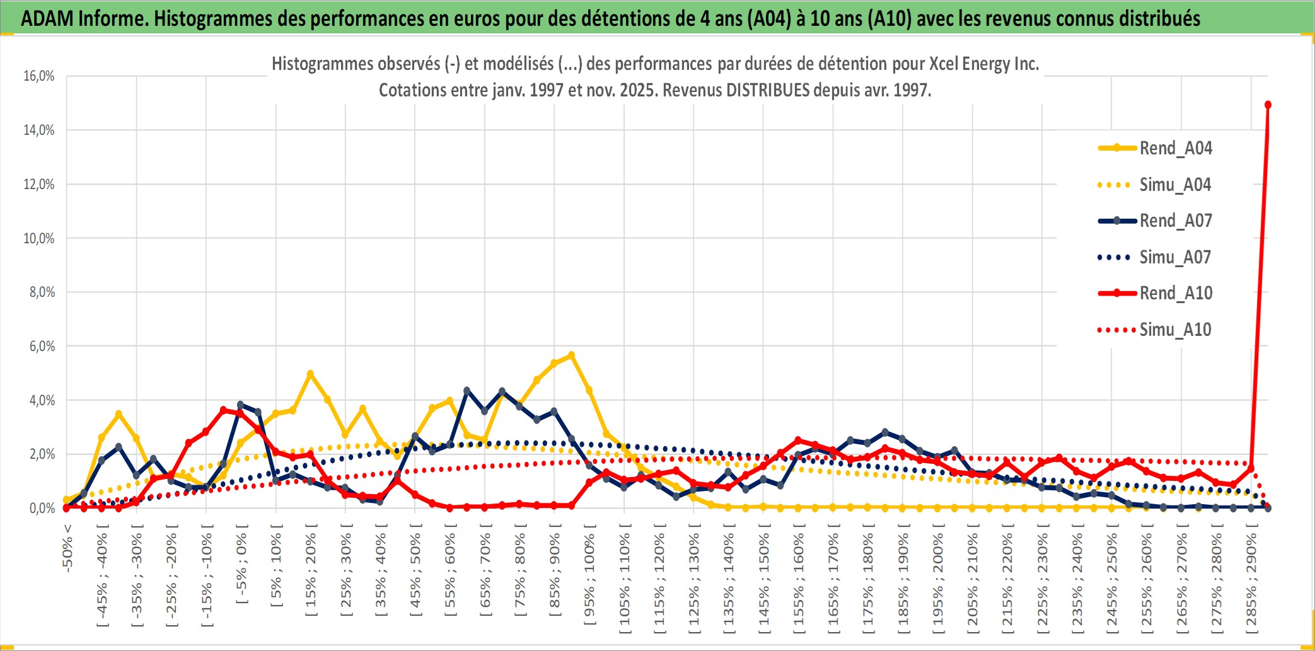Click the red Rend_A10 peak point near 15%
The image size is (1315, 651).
(x=1268, y=105)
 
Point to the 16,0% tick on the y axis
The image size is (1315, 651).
(x=39, y=76)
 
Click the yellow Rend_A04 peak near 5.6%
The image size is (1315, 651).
(x=571, y=355)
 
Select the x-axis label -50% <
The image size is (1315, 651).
(x=67, y=548)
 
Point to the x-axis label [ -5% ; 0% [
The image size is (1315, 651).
(x=241, y=564)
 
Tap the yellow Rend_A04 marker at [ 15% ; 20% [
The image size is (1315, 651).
(x=310, y=374)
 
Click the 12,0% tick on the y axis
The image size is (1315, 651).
(x=39, y=185)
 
